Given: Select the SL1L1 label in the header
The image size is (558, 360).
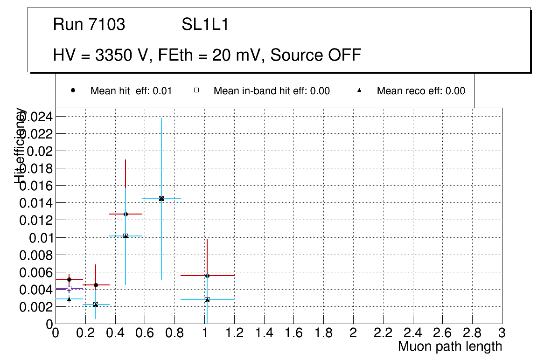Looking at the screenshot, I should (x=205, y=25).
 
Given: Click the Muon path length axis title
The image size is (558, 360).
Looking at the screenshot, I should (x=450, y=346).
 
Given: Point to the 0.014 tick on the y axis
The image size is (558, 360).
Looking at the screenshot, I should (x=36, y=203).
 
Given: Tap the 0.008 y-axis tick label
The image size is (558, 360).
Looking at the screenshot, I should (x=36, y=255).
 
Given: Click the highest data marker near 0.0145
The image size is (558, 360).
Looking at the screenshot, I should (x=161, y=199).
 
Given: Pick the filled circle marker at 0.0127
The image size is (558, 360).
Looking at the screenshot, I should (x=126, y=214).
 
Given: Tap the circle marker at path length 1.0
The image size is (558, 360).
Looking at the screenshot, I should (x=207, y=276).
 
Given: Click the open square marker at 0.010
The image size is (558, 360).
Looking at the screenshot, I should (x=126, y=236).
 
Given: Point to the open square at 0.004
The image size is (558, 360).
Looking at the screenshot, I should (x=69, y=288).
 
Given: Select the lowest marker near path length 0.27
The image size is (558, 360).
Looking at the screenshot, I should (x=96, y=305).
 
